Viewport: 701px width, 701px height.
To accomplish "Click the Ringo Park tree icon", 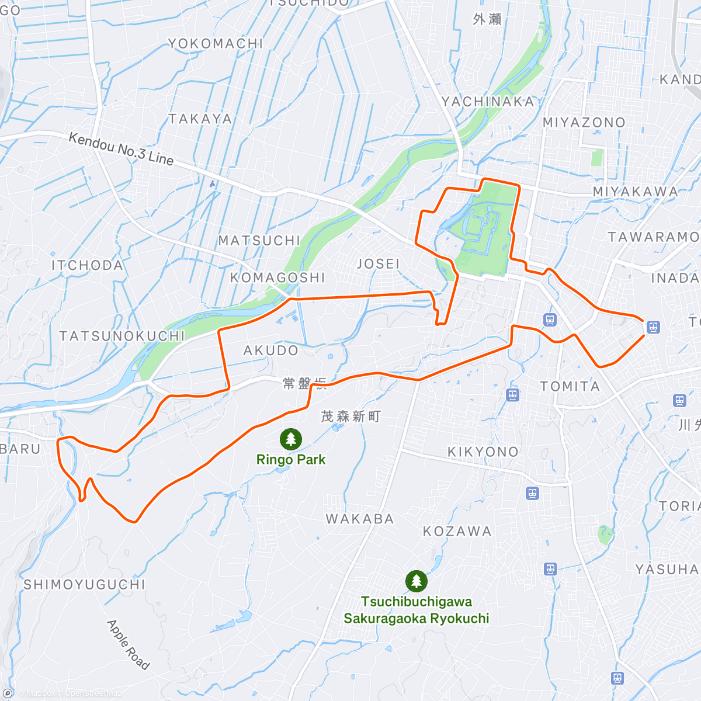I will click(290, 439).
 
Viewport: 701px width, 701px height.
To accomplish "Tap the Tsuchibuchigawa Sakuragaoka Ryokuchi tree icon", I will click(416, 581).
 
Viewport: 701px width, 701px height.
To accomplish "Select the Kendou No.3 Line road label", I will click(121, 149).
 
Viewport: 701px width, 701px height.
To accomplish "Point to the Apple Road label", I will click(128, 644).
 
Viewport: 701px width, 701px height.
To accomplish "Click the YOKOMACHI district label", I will click(216, 44).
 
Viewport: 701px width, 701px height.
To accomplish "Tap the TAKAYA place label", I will click(200, 119).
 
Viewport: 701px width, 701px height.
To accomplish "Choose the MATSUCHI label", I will click(259, 241).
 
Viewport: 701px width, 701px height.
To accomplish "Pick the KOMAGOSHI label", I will click(277, 277).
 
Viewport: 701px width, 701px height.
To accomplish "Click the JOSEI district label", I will click(378, 264).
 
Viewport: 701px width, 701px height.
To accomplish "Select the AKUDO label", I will click(270, 350).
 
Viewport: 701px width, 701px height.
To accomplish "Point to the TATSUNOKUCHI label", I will click(122, 336).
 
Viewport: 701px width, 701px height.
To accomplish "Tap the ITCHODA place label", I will click(88, 266).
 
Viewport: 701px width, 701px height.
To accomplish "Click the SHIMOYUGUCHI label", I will click(84, 585).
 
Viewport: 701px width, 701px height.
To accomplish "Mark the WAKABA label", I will click(360, 519).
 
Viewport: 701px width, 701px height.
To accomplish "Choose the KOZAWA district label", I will click(457, 532).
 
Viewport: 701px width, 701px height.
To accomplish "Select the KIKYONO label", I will click(483, 452).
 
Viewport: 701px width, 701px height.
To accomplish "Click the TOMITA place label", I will click(570, 387).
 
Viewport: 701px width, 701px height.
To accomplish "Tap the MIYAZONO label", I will click(584, 123).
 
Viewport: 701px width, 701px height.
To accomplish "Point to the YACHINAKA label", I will click(488, 102).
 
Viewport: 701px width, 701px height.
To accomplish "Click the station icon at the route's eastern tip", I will click(653, 327).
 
